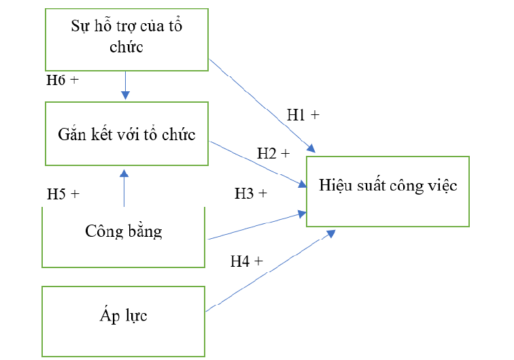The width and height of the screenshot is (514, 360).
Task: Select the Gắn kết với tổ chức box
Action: pos(126,133)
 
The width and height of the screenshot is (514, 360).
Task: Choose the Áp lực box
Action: pos(124,316)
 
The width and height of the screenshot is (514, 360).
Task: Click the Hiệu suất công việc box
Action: pos(388,191)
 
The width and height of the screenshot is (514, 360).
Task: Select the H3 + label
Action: pos(251,194)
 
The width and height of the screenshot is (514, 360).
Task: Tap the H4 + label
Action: pos(247,261)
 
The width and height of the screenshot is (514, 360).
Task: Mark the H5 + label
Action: pos(63,194)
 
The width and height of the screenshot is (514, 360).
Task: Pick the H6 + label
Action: pos(63,80)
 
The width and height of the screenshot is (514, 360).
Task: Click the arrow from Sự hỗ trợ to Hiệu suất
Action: pos(262,105)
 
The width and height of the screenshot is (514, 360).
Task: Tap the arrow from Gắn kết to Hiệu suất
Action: pos(258,163)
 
